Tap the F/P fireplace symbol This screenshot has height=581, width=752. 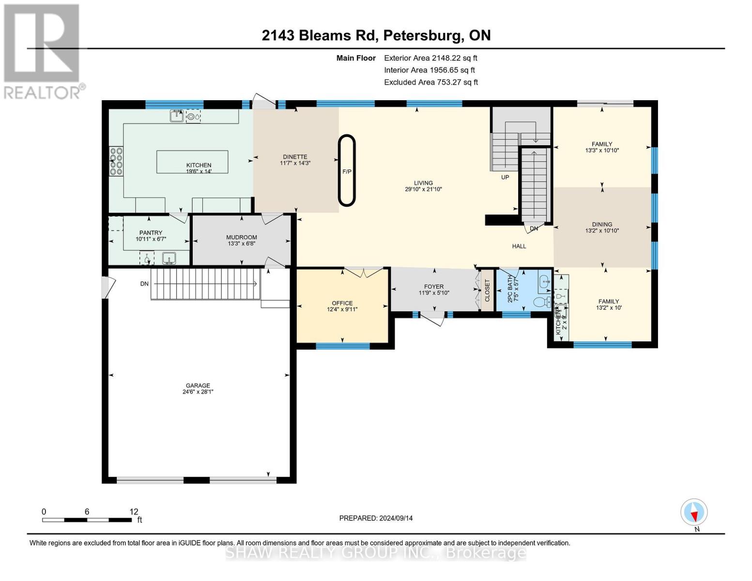pyautogui.click(x=347, y=171)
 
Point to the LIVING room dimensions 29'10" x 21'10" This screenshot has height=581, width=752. pyautogui.click(x=423, y=189)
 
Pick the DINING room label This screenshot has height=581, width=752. pyautogui.click(x=602, y=224)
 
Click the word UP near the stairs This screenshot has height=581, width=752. pyautogui.click(x=505, y=177)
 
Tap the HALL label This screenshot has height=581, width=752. pyautogui.click(x=519, y=246)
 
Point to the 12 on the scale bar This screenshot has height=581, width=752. pyautogui.click(x=134, y=511)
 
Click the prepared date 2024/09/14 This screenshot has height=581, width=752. pyautogui.click(x=376, y=518)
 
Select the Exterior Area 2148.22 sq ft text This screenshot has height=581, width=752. pyautogui.click(x=430, y=58)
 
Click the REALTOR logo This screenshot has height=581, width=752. pyautogui.click(x=43, y=51)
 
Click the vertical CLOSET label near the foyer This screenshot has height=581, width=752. pyautogui.click(x=488, y=290)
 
